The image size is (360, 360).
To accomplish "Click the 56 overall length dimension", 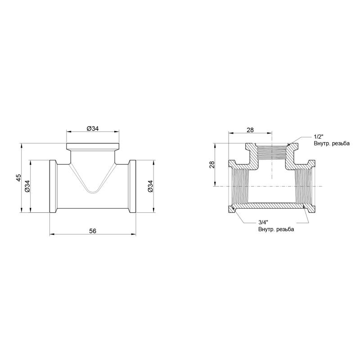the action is pyautogui.click(x=93, y=231).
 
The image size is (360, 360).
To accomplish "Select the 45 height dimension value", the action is pyautogui.click(x=18, y=177).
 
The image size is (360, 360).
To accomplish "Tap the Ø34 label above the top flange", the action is pyautogui.click(x=93, y=129).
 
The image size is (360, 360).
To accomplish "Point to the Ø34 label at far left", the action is pyautogui.click(x=27, y=186).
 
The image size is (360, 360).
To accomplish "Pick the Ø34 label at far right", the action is pyautogui.click(x=150, y=186).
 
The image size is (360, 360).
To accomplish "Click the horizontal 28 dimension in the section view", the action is pyautogui.click(x=250, y=130).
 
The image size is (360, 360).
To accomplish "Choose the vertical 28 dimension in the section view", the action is pyautogui.click(x=212, y=165).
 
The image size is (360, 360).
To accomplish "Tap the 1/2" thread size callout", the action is pyautogui.click(x=319, y=137).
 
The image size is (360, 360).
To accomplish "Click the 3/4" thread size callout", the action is pyautogui.click(x=263, y=222).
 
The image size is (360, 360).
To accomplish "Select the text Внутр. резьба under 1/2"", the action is pyautogui.click(x=332, y=144).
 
